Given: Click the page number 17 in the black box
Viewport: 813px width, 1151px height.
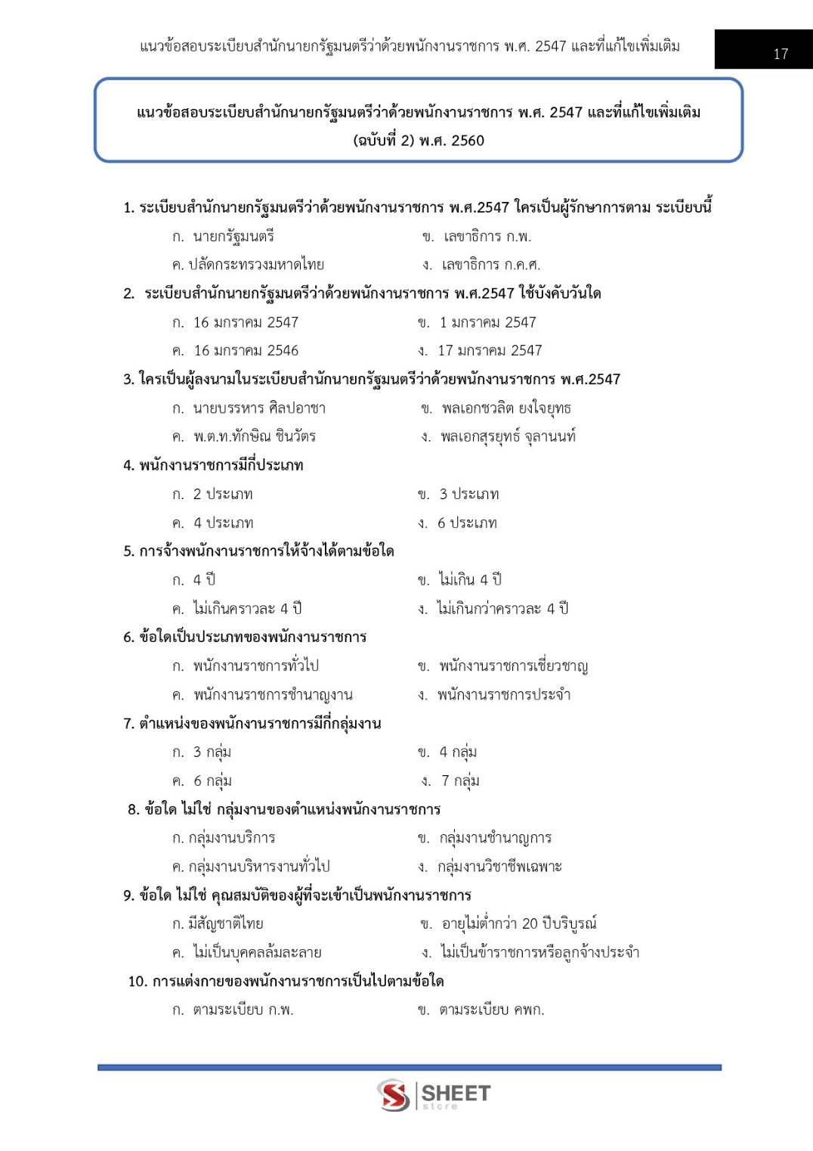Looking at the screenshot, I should coord(781,54).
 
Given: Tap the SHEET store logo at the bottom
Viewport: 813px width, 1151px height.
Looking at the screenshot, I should coord(434,1094).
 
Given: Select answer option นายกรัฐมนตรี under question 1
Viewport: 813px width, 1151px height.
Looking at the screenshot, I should coord(233,237).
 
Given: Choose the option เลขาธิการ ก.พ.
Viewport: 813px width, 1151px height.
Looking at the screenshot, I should coord(487,237).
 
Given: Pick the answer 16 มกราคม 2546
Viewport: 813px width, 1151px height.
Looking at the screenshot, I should coord(246,351).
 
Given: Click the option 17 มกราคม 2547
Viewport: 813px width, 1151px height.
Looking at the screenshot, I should coord(490,351).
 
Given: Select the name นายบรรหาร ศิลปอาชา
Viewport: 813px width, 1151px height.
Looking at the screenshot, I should coord(258,408).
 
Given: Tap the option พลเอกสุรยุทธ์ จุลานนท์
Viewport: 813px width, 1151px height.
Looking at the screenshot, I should coord(508,437).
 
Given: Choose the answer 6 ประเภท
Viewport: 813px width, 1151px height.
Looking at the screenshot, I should coord(467,523).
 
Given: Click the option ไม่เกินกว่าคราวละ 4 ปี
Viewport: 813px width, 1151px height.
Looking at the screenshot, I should coord(502,609).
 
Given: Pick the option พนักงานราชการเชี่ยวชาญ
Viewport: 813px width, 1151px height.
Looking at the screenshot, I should coord(513,666).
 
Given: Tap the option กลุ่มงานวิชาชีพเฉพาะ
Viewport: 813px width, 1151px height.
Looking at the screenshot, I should coord(499,867).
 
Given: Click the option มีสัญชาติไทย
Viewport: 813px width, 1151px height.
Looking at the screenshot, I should coord(225,923).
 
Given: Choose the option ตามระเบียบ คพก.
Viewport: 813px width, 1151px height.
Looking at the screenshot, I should coord(491,1010).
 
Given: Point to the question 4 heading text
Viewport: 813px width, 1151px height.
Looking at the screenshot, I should coord(214,466).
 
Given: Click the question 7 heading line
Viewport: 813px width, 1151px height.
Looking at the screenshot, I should coord(252,724).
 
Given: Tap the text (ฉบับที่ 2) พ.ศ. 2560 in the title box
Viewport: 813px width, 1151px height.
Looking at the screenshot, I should coord(419,141).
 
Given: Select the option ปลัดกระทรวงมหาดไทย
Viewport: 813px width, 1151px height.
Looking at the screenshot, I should coord(256,265).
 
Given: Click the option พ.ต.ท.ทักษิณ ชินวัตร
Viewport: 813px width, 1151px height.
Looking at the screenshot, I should coord(254,437).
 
